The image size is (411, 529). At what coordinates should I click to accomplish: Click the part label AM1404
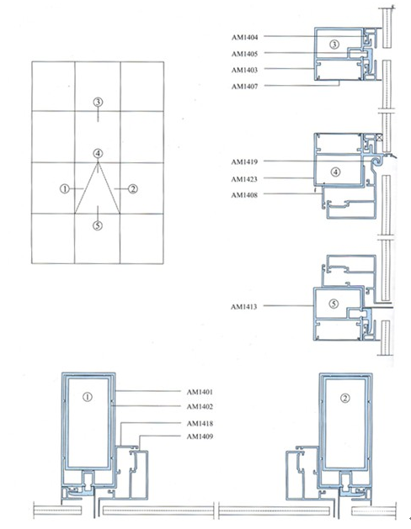pos(244,37)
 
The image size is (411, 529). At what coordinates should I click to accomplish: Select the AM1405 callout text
pos(244,54)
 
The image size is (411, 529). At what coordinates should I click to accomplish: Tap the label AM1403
pos(244,70)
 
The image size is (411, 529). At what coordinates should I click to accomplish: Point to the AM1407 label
pos(244,87)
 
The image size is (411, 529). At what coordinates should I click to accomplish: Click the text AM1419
pos(244,161)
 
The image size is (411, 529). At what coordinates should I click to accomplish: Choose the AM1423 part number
pos(244,179)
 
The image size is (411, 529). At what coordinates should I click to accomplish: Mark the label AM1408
pos(244,195)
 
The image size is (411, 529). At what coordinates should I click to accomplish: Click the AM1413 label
pos(244,307)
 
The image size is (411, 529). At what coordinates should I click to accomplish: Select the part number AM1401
pos(200,392)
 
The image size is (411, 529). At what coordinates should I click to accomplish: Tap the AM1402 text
pos(200,406)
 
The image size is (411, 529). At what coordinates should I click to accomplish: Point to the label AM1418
pos(200,423)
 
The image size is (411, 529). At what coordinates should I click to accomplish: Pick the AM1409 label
pos(200,436)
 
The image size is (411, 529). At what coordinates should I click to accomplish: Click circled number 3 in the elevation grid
pos(98,102)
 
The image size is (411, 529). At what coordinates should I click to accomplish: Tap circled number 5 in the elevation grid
pos(98,225)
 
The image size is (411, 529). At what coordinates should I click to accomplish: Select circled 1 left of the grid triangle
pos(65,188)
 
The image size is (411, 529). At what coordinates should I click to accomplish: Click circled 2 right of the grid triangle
pos(133,189)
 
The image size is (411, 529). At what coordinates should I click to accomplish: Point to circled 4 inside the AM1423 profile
pos(335,172)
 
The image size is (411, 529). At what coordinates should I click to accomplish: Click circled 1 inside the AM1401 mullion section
pos(88,397)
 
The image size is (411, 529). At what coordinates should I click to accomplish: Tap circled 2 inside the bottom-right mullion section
pos(344,399)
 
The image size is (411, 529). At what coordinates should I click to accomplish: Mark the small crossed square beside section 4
pos(379,137)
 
